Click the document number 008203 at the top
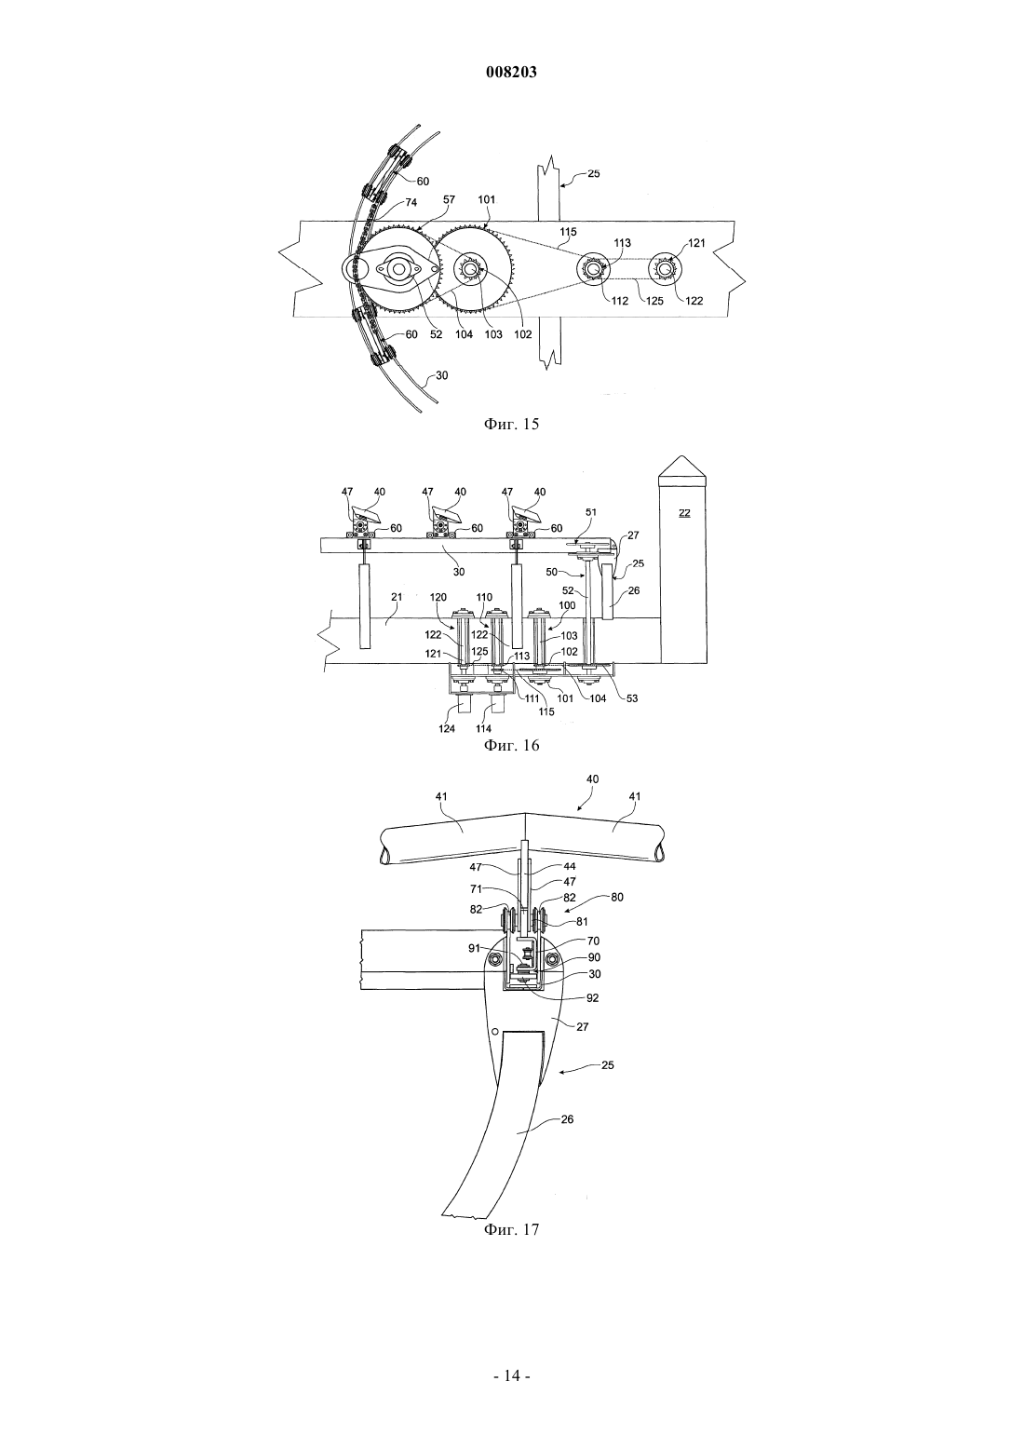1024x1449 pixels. coord(511,73)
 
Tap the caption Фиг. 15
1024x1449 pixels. coord(511,425)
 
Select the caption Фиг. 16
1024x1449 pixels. coord(511,745)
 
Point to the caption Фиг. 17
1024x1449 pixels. coord(511,1229)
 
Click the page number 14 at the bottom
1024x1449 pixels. coord(511,1376)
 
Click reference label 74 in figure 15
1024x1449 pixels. coord(411,202)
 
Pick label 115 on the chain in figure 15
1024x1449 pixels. coord(568,232)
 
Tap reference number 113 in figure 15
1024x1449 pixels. coord(622,242)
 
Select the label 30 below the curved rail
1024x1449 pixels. coord(442,375)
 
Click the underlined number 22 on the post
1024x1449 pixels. coord(684,513)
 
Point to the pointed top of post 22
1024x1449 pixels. coord(683,456)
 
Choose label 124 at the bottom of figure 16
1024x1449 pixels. coord(447,728)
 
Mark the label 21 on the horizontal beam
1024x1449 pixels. coord(397,597)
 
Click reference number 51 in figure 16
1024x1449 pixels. coord(591,512)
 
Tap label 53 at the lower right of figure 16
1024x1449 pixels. coord(631,698)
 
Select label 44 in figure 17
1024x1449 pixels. coord(570,866)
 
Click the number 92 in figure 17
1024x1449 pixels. coord(592,998)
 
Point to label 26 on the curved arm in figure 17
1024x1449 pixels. coord(567,1119)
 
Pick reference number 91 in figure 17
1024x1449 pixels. coord(475,949)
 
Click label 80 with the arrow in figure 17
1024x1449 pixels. coord(616,897)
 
